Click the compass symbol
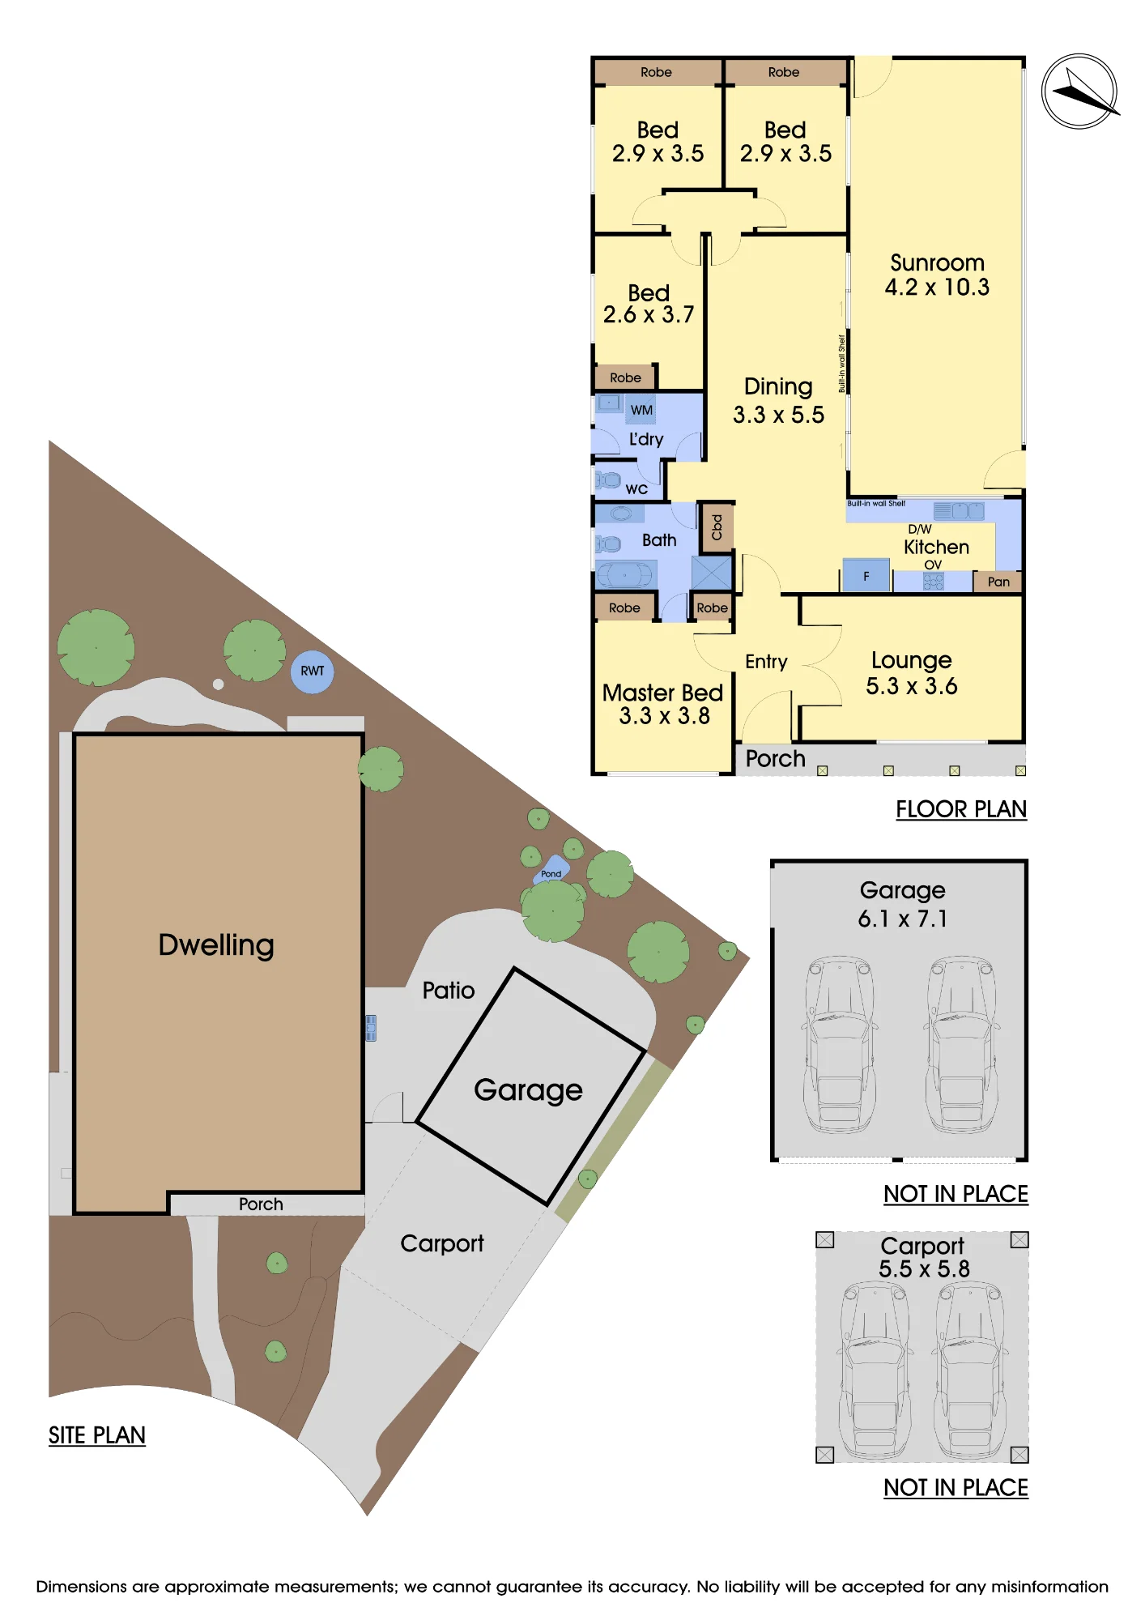(x=1079, y=92)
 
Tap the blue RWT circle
(x=312, y=671)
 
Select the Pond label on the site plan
(x=551, y=873)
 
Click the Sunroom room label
(x=937, y=263)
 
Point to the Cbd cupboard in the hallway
(x=716, y=527)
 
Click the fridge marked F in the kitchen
(x=866, y=575)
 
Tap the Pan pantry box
(x=998, y=582)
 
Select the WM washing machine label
(x=641, y=410)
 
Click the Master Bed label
(x=662, y=693)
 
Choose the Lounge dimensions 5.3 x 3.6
(x=912, y=686)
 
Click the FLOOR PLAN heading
(x=961, y=809)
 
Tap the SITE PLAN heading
(x=97, y=1435)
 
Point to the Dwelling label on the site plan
(x=216, y=945)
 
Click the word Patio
(x=449, y=991)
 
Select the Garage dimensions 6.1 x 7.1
(x=903, y=919)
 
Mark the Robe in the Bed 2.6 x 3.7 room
(x=625, y=377)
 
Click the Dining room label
(x=778, y=387)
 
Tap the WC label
(x=636, y=489)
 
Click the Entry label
(x=766, y=663)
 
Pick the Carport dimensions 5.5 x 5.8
(x=924, y=1268)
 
